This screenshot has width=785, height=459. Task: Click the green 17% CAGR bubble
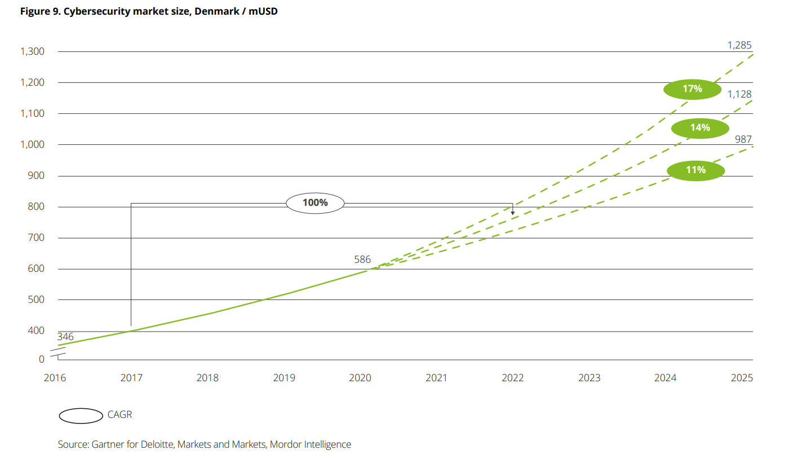coord(692,89)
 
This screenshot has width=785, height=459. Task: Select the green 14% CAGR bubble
coord(700,128)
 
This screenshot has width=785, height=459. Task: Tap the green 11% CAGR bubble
coord(695,170)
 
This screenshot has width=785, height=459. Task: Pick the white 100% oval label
coord(315,202)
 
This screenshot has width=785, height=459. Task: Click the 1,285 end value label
coord(739,45)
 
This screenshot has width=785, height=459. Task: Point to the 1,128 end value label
coord(739,94)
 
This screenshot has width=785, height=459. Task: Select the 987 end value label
coord(743,139)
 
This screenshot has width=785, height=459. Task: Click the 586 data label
coord(362,260)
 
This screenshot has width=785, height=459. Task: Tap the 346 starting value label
coord(65,337)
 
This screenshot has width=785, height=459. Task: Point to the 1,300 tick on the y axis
coord(32,52)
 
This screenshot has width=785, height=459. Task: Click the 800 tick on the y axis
coord(36,207)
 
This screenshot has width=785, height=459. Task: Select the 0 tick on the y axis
coord(41,359)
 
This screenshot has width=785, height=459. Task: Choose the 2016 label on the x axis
coord(55,378)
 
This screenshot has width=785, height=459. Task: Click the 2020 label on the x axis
coord(360,378)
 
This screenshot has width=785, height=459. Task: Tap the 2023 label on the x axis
coord(589,378)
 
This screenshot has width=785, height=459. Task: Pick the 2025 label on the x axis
coord(742,378)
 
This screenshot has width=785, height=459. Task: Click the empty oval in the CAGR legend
coord(81,416)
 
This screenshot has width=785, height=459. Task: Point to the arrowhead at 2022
coord(512,212)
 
